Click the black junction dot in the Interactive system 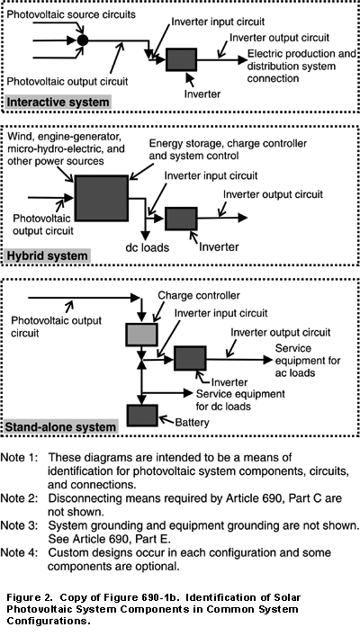[x=83, y=40]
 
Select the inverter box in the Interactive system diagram [x=181, y=59]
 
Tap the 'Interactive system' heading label [x=58, y=102]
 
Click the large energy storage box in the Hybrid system [x=102, y=198]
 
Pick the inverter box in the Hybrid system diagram [x=181, y=219]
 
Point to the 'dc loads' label [x=148, y=247]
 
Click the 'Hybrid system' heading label [x=47, y=256]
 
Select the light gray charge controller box [x=141, y=335]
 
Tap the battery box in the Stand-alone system [x=141, y=415]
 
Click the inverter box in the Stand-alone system [x=190, y=358]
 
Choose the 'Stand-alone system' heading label [x=60, y=427]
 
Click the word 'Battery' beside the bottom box [x=192, y=423]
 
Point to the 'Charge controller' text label [x=199, y=295]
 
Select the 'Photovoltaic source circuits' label [x=71, y=14]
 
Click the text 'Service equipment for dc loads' [x=240, y=400]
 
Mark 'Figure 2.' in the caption [x=30, y=597]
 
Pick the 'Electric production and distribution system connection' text [x=302, y=66]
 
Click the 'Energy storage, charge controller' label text [x=228, y=144]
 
